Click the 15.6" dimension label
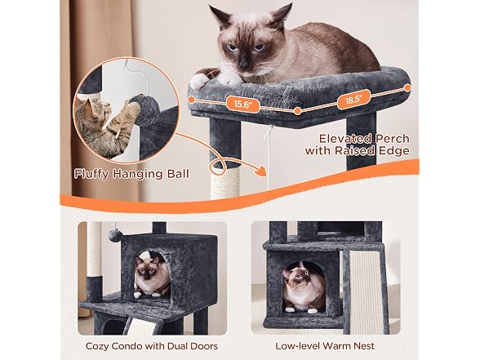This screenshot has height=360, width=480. [242, 104]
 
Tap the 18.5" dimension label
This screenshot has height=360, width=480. [354, 100]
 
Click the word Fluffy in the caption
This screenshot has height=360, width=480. [91, 174]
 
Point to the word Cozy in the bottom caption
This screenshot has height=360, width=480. [97, 346]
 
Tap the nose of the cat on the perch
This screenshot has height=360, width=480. [243, 64]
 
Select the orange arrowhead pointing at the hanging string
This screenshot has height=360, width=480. [260, 171]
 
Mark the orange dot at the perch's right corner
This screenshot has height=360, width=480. [407, 88]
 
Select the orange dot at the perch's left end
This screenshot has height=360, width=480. [191, 100]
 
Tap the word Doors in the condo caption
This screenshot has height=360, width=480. [204, 346]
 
